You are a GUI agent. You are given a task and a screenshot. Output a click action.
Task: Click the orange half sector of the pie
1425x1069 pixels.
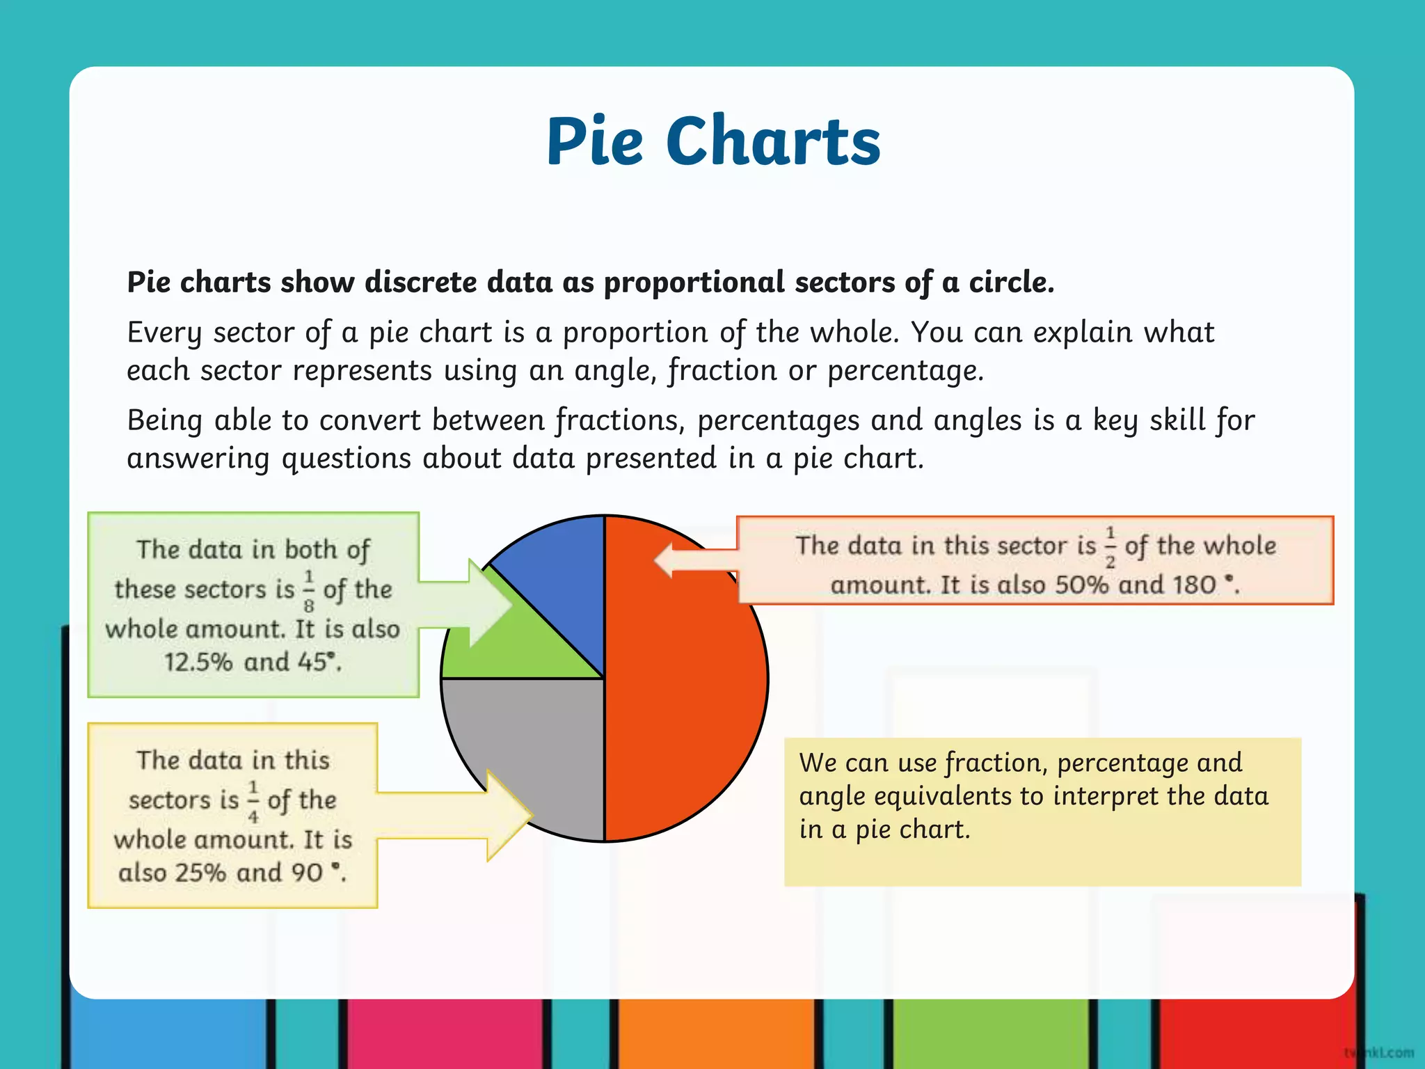(685, 696)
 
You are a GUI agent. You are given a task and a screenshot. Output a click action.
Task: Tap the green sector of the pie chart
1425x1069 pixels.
(529, 647)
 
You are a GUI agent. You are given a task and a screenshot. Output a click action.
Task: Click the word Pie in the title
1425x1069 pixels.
(595, 143)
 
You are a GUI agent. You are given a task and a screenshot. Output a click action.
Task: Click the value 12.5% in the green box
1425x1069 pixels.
(198, 662)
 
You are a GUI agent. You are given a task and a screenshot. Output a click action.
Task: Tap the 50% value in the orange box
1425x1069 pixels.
(1081, 585)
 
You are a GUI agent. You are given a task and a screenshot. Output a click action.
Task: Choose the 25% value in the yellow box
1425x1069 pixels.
(201, 873)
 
